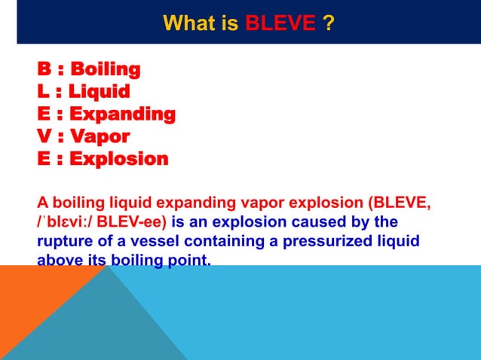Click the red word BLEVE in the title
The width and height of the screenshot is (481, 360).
(x=280, y=23)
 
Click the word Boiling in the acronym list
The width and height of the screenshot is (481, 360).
(x=105, y=70)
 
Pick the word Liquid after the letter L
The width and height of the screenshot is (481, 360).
(x=98, y=92)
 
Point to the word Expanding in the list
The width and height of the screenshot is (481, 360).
(x=122, y=114)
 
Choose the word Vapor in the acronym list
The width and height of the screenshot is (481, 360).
(x=100, y=137)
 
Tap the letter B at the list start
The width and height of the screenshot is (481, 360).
(x=44, y=70)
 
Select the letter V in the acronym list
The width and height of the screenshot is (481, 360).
(x=44, y=137)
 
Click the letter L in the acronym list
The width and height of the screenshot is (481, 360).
(x=43, y=92)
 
